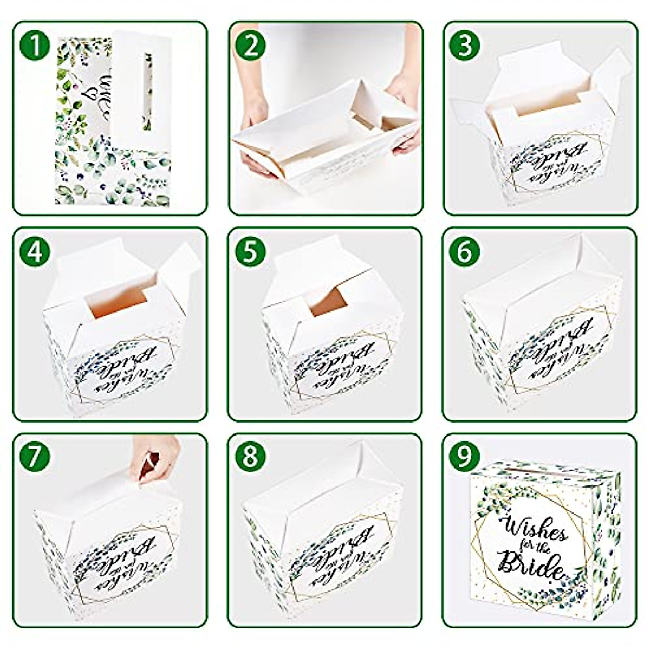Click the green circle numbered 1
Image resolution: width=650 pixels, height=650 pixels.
pyautogui.click(x=35, y=47)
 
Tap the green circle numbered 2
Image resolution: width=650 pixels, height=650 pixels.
pyautogui.click(x=250, y=47)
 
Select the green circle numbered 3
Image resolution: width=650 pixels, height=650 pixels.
pyautogui.click(x=465, y=47)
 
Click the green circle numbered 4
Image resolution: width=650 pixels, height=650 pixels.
pyautogui.click(x=35, y=252)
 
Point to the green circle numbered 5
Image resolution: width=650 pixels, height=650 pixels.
pyautogui.click(x=250, y=252)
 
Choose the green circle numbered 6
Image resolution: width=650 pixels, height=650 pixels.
pyautogui.click(x=465, y=252)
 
